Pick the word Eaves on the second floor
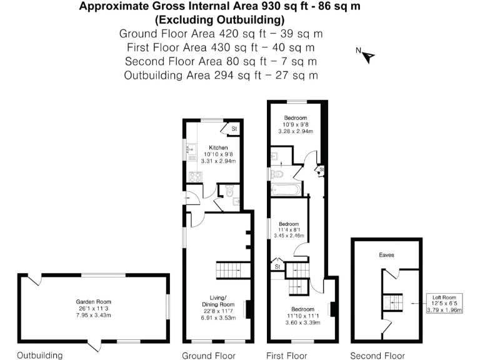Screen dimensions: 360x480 coord(386,255)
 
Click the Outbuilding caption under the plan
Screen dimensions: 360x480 coord(39,356)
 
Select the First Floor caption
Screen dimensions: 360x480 coord(287,356)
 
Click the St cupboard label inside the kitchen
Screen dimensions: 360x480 coord(234,129)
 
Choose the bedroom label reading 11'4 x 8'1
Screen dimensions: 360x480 coord(289,229)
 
